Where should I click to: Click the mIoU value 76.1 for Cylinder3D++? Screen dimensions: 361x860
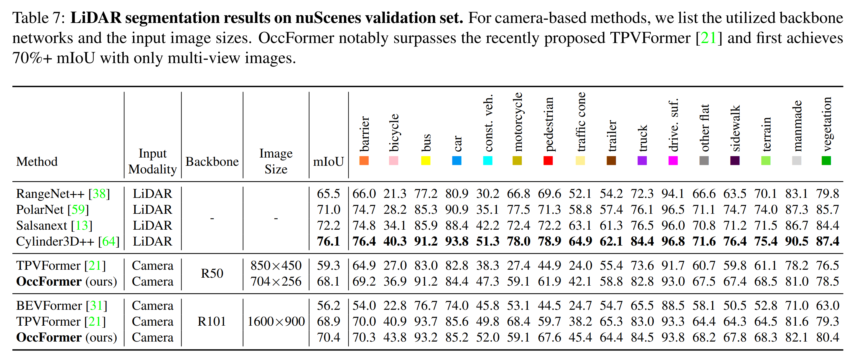(328, 241)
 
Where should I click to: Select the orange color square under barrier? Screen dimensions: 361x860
(364, 161)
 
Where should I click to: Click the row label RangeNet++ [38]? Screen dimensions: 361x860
(63, 194)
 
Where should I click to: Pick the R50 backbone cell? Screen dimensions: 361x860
(212, 273)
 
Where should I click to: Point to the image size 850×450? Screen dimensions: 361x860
(276, 266)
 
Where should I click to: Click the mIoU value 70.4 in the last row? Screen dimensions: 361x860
(328, 337)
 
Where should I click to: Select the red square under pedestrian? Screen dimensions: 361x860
(548, 161)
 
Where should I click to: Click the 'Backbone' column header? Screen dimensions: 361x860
(212, 161)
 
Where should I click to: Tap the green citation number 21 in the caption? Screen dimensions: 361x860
(709, 38)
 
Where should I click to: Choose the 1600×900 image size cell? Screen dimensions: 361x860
(276, 321)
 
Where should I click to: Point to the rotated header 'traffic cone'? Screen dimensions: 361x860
(581, 122)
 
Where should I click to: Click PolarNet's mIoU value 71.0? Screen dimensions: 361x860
(328, 210)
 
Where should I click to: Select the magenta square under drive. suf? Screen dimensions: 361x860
(673, 161)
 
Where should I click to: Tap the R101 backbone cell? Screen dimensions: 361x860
(212, 321)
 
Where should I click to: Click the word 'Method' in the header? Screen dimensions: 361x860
(37, 161)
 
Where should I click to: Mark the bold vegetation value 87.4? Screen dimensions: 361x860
(827, 241)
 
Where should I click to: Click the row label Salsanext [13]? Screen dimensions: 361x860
(54, 226)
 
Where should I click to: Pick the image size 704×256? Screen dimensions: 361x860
(276, 281)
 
